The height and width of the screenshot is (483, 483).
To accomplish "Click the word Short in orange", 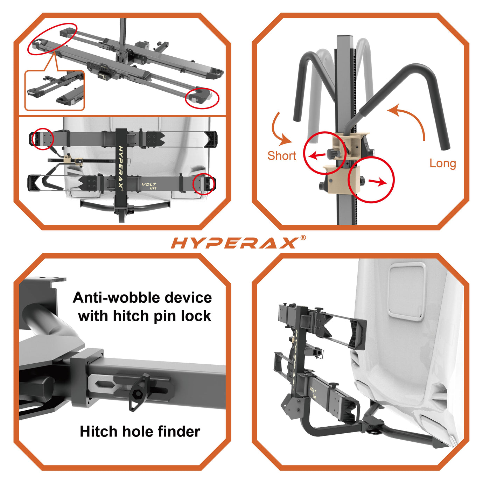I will pos(281,156).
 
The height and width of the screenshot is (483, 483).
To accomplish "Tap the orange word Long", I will pos(442,163).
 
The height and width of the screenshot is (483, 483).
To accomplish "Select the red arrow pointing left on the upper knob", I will pos(317,155).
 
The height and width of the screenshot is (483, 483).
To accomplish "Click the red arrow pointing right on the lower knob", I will pos(378,182).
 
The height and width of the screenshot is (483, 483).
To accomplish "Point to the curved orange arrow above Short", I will pos(281,129).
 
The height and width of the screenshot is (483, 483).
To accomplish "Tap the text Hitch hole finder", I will pos(140,432).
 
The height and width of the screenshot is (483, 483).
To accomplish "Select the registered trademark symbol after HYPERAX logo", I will pos(303,238).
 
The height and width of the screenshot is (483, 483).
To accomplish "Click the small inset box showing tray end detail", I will pos(55,90).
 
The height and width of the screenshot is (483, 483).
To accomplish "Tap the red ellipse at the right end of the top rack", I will pos(202,98).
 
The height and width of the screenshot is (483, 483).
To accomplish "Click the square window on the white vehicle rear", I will pos(407,292).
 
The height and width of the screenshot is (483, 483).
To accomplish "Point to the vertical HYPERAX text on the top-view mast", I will pos(120,167).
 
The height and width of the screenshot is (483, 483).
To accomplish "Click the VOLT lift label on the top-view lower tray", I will pos(149,186).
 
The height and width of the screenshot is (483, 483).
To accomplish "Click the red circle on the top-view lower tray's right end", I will pos(204,183).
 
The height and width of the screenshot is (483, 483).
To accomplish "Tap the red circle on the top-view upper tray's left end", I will pos(42,139).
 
